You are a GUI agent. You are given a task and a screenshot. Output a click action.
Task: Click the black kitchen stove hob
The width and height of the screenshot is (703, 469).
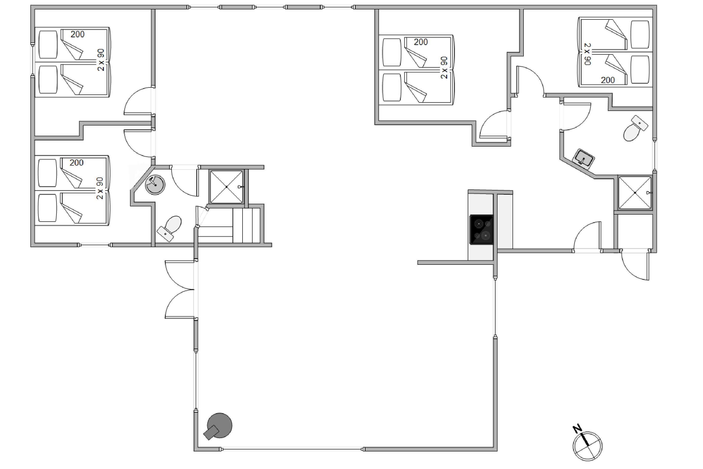pos(481,230)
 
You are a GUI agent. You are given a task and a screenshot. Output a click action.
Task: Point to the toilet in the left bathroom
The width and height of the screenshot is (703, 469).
pos(169,229)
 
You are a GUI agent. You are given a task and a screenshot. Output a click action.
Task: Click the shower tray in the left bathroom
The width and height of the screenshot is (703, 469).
pos(226,187)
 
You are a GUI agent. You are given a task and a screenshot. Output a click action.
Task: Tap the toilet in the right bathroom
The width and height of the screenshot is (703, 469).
pos(636,129)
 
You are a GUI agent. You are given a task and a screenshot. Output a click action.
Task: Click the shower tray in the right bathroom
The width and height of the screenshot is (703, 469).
pos(635,193)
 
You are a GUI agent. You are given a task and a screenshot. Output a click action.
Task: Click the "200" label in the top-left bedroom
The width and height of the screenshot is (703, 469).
pos(77,34)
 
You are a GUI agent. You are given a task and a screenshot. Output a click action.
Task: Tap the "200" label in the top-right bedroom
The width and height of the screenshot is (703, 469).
pos(608,80)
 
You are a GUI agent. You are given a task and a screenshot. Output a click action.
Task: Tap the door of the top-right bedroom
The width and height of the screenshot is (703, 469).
pos(530,81)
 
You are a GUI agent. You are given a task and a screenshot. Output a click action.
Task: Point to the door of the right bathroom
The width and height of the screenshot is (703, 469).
pos(576,117)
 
